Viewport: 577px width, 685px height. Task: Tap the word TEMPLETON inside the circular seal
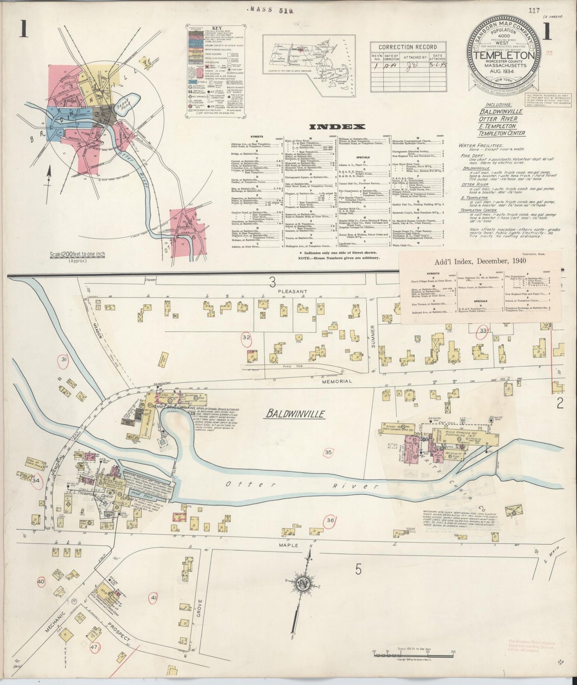[x=505, y=55]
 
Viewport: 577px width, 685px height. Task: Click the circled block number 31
[x=63, y=360]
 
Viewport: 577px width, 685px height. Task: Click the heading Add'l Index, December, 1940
[x=480, y=261]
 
